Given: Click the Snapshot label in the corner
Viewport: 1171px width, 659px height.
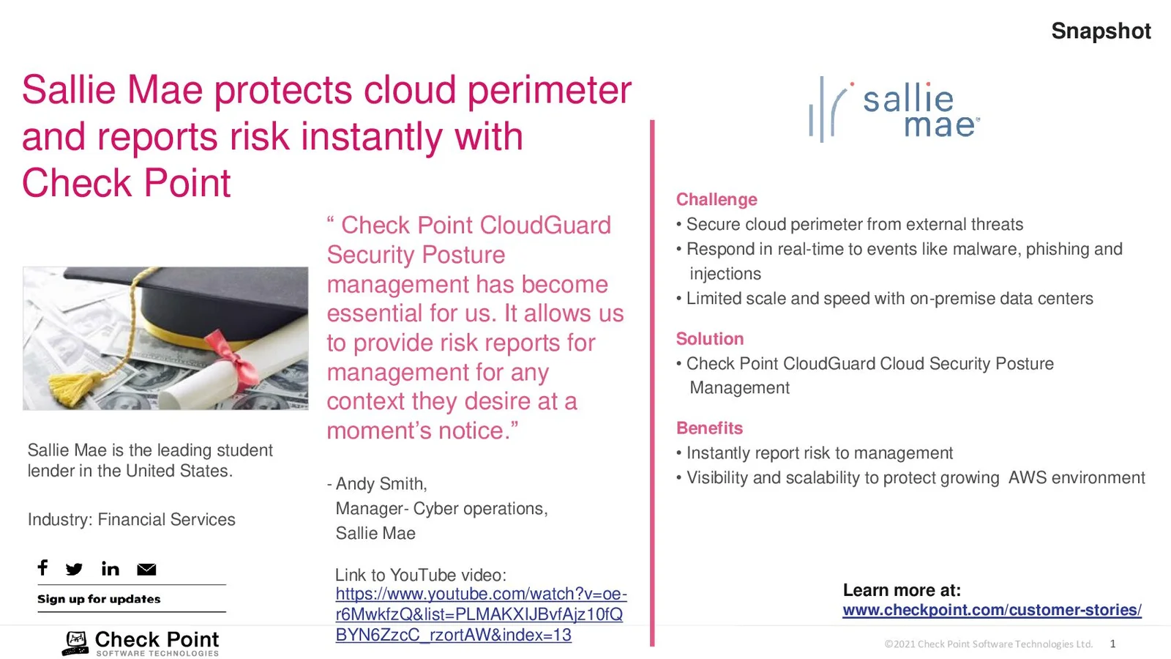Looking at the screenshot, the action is (x=1101, y=31).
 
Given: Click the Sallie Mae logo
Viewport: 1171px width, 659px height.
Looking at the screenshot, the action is (x=894, y=110).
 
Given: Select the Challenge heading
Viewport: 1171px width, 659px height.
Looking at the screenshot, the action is (x=717, y=199).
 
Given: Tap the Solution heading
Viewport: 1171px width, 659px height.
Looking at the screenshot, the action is (x=709, y=338).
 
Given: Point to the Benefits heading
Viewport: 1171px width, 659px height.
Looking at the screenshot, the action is (x=709, y=428).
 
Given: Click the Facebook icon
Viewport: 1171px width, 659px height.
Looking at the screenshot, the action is (x=43, y=567).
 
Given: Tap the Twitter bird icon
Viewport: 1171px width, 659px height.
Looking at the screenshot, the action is (x=74, y=569).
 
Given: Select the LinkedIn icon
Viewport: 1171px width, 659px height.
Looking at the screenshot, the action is (x=111, y=568).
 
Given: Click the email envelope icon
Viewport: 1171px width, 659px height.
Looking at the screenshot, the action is (x=146, y=569).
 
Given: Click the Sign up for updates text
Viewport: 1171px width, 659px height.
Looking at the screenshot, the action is (x=99, y=599).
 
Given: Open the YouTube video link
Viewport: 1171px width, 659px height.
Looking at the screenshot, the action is (x=481, y=614).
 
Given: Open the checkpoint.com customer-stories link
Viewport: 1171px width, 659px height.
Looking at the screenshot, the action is (x=992, y=610).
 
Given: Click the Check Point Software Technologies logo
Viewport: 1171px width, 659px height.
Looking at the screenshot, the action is (x=141, y=643).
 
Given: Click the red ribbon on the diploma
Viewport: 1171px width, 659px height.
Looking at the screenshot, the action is (x=232, y=357).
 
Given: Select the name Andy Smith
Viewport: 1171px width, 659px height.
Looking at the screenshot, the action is (x=381, y=484).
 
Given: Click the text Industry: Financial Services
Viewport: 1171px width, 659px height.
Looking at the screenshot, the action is (x=131, y=519).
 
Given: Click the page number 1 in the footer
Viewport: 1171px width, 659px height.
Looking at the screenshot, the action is (x=1113, y=644).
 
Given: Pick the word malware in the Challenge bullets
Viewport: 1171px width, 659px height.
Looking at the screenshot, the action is (x=986, y=249).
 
